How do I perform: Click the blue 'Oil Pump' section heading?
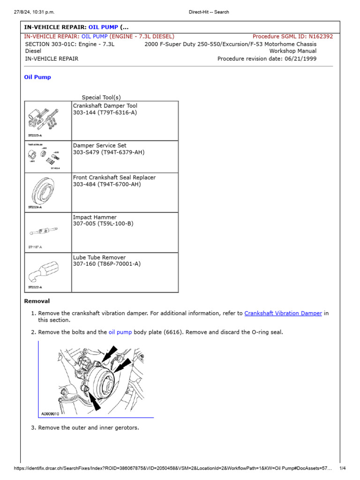coord(37,77)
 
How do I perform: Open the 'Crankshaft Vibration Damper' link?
coord(283,313)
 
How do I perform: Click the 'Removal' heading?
coord(37,301)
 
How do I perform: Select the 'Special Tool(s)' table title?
coord(101,97)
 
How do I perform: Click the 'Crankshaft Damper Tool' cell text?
coord(105,106)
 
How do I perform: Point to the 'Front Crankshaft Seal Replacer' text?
coord(114,178)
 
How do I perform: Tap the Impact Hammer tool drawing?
coord(45,231)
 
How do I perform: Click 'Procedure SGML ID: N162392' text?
coord(292,36)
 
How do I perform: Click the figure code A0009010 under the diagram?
coord(51,414)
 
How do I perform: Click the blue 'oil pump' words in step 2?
coord(120,332)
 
